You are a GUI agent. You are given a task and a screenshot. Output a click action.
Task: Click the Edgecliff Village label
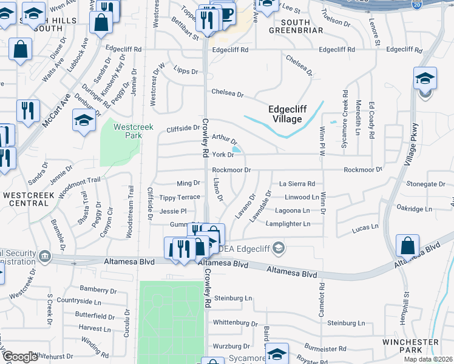pyautogui.click(x=285, y=114)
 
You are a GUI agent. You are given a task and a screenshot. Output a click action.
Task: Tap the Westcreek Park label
pyautogui.click(x=128, y=131)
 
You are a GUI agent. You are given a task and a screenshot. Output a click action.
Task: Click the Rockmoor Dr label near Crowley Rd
pyautogui.click(x=231, y=170)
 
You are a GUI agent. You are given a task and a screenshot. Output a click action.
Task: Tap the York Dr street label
pyautogui.click(x=223, y=155)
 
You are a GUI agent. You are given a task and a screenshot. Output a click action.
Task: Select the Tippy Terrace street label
pyautogui.click(x=179, y=198)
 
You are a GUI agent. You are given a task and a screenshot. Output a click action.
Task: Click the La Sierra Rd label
pyautogui.click(x=297, y=183)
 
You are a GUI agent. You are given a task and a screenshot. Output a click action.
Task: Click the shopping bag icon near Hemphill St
pyautogui.click(x=407, y=245)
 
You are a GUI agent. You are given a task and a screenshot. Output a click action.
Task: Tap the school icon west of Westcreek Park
pyautogui.click(x=84, y=120)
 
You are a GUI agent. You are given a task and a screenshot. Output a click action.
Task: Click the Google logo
pyautogui.click(x=20, y=357)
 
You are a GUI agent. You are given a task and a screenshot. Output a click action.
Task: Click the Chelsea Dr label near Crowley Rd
pyautogui.click(x=227, y=94)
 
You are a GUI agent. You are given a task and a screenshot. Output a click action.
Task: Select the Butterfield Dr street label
pyautogui.click(x=95, y=316)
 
